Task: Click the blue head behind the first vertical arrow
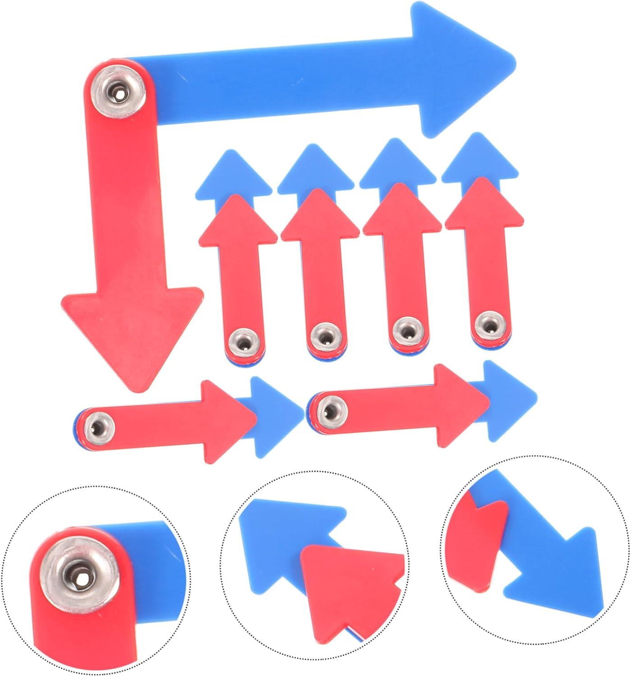[234, 174]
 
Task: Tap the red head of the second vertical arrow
[320, 217]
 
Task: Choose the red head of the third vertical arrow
[402, 210]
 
